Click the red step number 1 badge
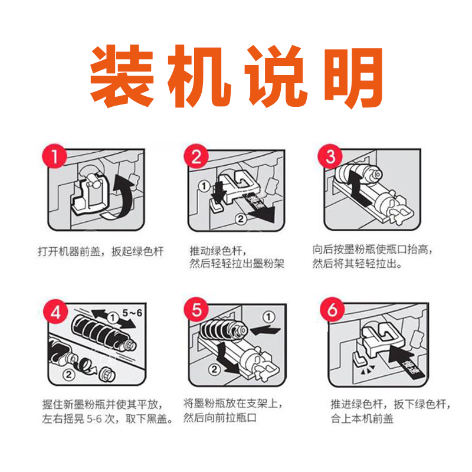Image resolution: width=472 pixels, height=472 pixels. coord(54,156)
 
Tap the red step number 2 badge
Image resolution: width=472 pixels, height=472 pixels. coord(196,156)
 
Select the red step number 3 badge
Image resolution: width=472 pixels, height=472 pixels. coord(330,156)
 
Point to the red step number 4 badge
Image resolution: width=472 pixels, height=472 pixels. coord(55,312)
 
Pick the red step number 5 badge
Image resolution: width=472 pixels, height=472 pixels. coord(196,310)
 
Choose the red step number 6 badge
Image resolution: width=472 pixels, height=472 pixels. coord(332,310)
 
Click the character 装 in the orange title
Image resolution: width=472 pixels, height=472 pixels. coord(122,76)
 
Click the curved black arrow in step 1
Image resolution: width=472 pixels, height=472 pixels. coord(126,196)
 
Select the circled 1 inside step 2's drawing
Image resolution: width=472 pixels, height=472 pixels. coord(204,186)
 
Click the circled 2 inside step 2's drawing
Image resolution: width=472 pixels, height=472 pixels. coord(241,219)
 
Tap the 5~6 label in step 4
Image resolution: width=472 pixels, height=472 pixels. coord(132,313)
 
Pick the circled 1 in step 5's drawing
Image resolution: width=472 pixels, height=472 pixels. coord(268,317)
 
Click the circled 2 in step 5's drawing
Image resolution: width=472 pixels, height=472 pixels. coord(214,369)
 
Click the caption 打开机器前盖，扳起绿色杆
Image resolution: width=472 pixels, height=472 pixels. coord(100,251)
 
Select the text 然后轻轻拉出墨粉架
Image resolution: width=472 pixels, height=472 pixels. coord(237,264)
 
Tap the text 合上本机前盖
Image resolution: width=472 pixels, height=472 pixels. coord(362,419)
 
